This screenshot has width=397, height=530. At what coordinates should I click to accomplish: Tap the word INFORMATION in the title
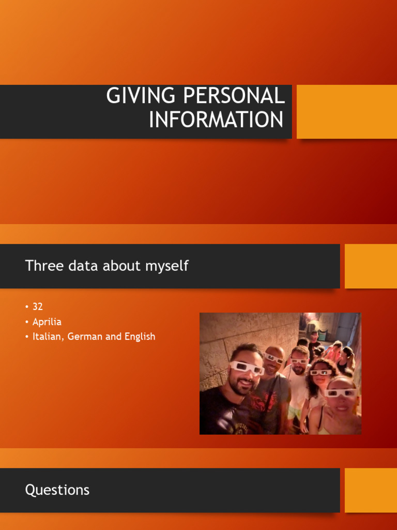[x=216, y=120]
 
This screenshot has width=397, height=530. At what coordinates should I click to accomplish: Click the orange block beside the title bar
[x=346, y=112]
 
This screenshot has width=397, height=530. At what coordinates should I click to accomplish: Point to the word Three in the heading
[x=43, y=266]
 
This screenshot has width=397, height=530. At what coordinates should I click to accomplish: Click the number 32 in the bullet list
[x=37, y=306]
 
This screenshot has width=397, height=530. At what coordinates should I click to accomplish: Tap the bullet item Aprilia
[x=47, y=322]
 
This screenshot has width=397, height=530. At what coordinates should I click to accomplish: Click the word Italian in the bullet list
[x=48, y=336]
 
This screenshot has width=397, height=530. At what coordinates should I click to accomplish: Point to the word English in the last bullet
[x=139, y=336]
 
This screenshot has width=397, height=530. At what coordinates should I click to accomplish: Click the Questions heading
[x=57, y=490]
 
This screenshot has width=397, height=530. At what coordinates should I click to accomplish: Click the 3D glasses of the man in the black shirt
[x=247, y=368]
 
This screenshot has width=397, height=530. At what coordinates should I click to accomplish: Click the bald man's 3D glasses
[x=274, y=358]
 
